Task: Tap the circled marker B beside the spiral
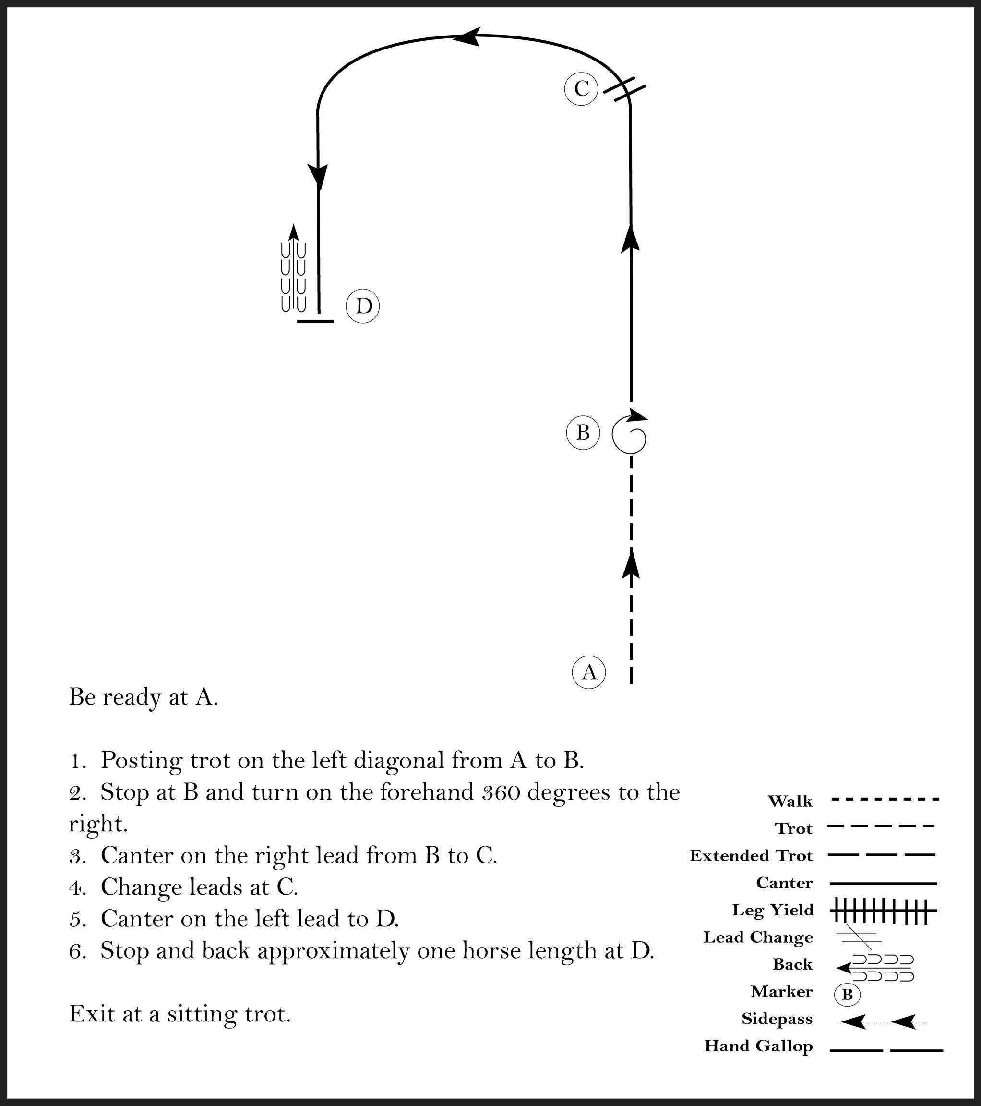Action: (x=583, y=433)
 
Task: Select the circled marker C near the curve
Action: (x=581, y=89)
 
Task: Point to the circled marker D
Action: (x=363, y=307)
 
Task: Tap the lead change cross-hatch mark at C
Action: (x=624, y=89)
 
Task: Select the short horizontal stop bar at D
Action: (x=315, y=321)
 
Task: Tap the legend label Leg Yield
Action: (x=772, y=910)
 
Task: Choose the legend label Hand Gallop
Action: (x=758, y=1046)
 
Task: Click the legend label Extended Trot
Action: (x=751, y=855)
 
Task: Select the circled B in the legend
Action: (x=848, y=995)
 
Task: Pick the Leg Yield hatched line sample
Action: (x=883, y=911)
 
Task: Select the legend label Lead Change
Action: (x=758, y=937)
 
